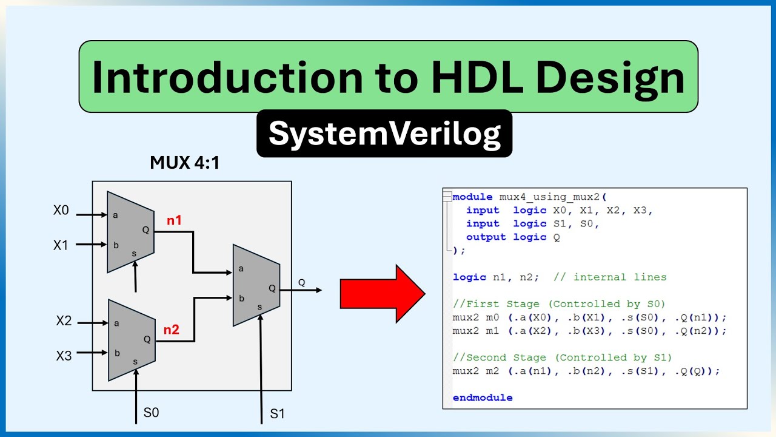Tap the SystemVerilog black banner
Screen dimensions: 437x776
(x=384, y=134)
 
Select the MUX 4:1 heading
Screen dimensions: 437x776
(x=184, y=163)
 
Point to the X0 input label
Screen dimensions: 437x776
(x=61, y=211)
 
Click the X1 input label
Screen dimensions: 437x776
(x=61, y=245)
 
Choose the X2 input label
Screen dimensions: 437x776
(x=64, y=321)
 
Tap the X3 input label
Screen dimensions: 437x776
(x=64, y=356)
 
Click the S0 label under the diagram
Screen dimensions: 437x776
(x=152, y=413)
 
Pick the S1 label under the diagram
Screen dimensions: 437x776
(x=277, y=415)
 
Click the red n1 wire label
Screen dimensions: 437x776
(x=175, y=220)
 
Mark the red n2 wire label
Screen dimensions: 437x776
(x=172, y=330)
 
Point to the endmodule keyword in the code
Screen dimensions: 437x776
(x=483, y=398)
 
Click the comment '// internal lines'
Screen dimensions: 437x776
(x=610, y=277)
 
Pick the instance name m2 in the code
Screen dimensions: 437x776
(x=492, y=371)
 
